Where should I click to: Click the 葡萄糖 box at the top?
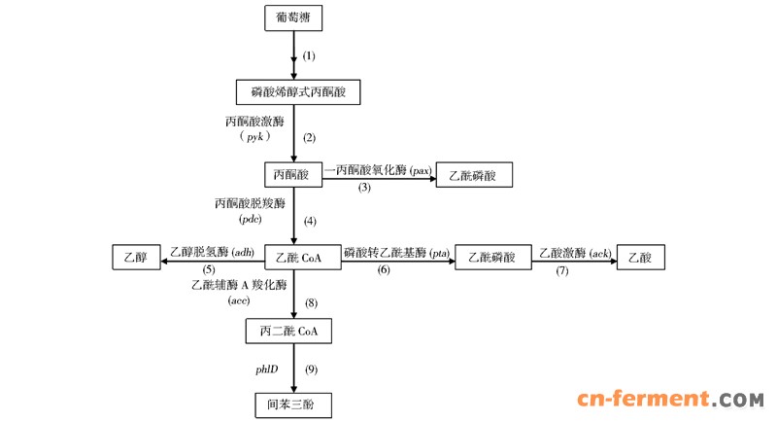[x=292, y=18]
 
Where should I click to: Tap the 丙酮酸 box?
[x=292, y=175]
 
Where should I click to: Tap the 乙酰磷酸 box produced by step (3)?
[x=473, y=175]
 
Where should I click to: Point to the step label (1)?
[x=310, y=55]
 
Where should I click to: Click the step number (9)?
[x=311, y=369]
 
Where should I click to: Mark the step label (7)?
[x=561, y=269]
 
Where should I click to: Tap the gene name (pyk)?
[x=255, y=138]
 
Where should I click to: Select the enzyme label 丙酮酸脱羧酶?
[x=250, y=204]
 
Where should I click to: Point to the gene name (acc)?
[x=240, y=301]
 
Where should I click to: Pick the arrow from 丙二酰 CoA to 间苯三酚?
[x=292, y=367]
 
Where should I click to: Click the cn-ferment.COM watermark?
[x=670, y=400]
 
